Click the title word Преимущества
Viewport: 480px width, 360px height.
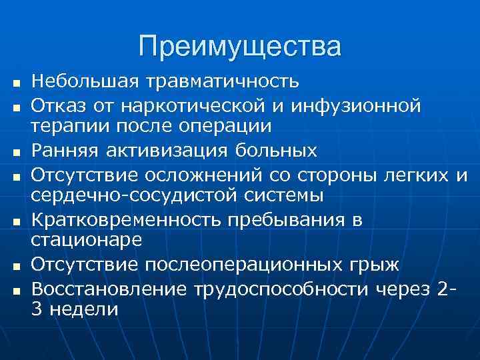(x=240, y=47)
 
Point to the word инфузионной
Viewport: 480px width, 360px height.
(x=354, y=106)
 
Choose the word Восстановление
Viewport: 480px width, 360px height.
(x=110, y=289)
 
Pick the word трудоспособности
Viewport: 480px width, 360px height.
(x=283, y=289)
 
